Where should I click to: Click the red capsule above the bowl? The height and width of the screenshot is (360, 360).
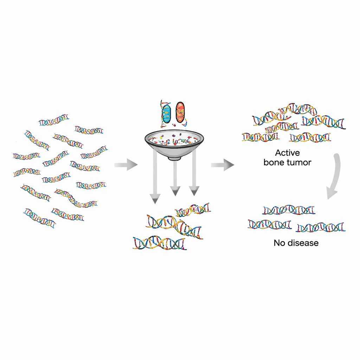(180, 112)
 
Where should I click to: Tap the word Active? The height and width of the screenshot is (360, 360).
(287, 153)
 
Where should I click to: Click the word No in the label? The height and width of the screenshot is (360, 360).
(278, 243)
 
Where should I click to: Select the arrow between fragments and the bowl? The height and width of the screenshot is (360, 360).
(126, 164)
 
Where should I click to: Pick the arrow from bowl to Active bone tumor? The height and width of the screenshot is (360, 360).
(222, 164)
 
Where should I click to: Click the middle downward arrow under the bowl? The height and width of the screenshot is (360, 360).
(175, 178)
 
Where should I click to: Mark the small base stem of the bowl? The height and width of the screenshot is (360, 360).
(172, 158)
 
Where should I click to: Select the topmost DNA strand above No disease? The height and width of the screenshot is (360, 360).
(289, 210)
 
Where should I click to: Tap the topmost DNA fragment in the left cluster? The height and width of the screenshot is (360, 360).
(54, 120)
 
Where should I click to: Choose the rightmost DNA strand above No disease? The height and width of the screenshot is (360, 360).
(321, 227)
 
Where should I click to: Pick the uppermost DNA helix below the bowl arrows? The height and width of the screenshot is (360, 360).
(193, 210)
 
